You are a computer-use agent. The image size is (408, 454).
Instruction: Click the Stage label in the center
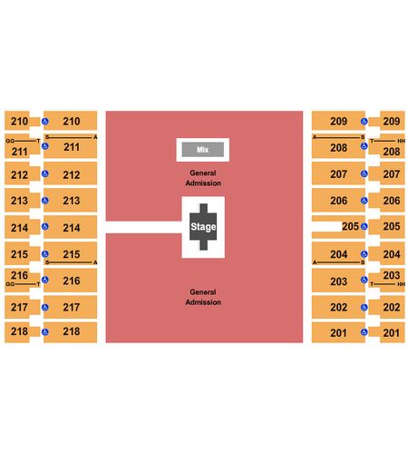click(x=203, y=227)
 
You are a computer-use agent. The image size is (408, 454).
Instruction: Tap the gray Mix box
click(x=203, y=150)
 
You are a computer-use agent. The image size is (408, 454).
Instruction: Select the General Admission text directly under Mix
click(x=203, y=178)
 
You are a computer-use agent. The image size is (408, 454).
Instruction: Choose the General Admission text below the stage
click(x=203, y=297)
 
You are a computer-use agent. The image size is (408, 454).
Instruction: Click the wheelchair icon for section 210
click(x=45, y=122)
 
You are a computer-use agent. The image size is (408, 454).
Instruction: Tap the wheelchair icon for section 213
click(x=45, y=201)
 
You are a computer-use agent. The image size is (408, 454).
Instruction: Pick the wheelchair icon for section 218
click(x=45, y=332)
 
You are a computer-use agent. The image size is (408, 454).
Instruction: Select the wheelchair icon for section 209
click(x=364, y=122)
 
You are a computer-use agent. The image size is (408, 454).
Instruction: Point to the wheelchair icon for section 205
click(x=364, y=226)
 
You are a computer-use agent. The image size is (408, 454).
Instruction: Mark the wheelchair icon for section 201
click(x=364, y=332)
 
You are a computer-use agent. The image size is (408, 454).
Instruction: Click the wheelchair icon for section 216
click(x=45, y=280)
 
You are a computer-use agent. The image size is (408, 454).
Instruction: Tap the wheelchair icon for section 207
click(x=364, y=173)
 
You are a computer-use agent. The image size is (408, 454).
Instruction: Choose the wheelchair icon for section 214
click(x=45, y=226)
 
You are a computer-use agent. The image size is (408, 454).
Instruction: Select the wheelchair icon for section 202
click(x=364, y=308)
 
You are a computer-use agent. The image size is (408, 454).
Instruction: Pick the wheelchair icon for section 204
click(x=364, y=254)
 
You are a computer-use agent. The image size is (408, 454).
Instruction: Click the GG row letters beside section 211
click(x=10, y=141)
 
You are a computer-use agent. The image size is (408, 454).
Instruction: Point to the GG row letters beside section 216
click(x=10, y=284)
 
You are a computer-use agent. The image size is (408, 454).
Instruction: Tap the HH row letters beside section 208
click(x=401, y=141)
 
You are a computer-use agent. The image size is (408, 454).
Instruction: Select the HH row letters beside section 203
click(x=401, y=284)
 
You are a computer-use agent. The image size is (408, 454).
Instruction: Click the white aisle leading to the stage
click(x=144, y=227)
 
